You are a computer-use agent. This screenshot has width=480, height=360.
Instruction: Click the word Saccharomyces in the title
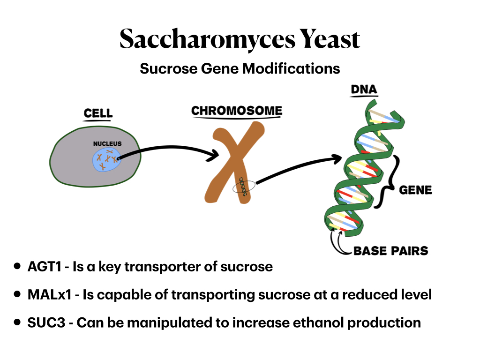pos(206,39)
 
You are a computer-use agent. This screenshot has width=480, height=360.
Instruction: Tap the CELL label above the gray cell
pos(98,113)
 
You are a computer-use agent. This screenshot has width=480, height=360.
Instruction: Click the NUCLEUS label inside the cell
pos(107,144)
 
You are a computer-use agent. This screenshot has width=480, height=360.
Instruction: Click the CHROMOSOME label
pos(237,111)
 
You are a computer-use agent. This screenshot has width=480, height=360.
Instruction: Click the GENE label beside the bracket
pos(415,190)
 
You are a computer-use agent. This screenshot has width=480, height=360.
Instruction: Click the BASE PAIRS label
pos(390,251)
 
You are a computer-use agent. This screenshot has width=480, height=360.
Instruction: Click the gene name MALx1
pos(48,295)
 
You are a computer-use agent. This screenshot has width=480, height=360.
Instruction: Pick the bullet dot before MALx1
pos(17,294)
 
